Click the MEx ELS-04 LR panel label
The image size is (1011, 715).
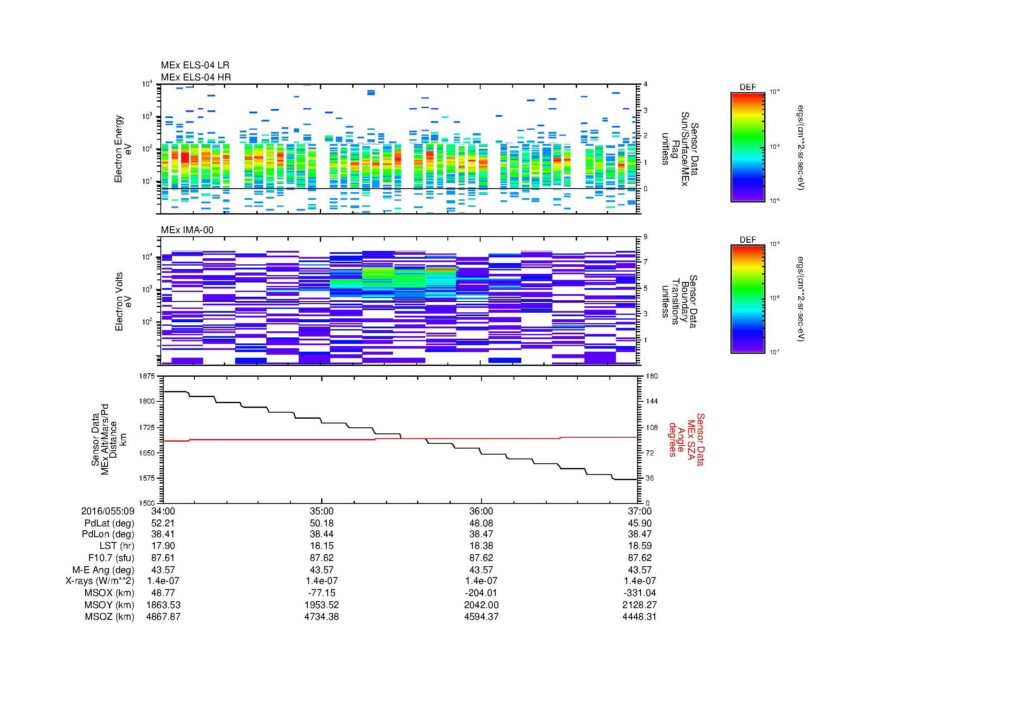pos(195,66)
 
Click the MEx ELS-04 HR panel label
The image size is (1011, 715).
pos(196,77)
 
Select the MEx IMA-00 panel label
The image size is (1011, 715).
pos(187,230)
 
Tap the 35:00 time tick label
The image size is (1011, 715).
pos(322,511)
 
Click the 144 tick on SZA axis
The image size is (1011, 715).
pos(652,401)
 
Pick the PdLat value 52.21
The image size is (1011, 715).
pos(163,523)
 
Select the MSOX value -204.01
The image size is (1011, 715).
pos(481,593)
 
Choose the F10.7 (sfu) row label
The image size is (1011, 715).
pos(111,558)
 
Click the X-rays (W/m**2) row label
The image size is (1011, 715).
pos(100,581)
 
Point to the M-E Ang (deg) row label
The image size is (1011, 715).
pos(103,570)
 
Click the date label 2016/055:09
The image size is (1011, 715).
pos(108,511)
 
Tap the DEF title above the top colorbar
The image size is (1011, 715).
pos(748,87)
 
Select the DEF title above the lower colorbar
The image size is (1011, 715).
pos(748,240)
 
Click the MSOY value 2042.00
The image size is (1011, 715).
pos(481,605)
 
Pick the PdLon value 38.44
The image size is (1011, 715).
pos(322,534)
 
